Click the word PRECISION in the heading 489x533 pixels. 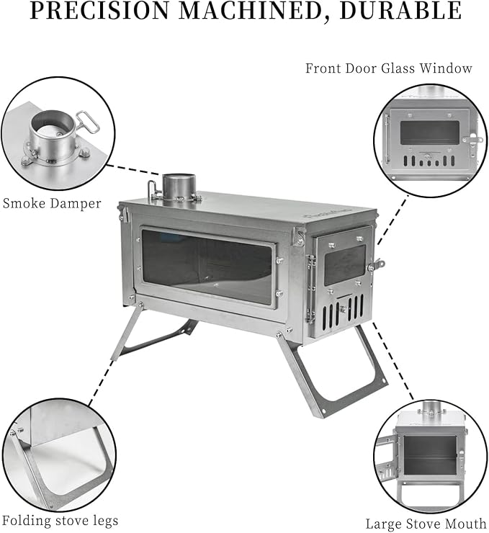[101, 11]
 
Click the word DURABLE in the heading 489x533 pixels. [400, 11]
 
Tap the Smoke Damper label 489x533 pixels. [52, 203]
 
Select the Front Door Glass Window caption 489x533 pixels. [389, 68]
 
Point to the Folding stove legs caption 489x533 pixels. [60, 521]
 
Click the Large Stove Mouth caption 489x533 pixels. [426, 524]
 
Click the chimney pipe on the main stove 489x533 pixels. [179, 188]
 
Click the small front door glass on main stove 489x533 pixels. [344, 265]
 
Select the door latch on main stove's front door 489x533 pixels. [377, 264]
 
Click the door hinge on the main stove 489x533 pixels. [310, 288]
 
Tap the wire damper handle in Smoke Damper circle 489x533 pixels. [87, 122]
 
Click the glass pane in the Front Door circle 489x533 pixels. [429, 133]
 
